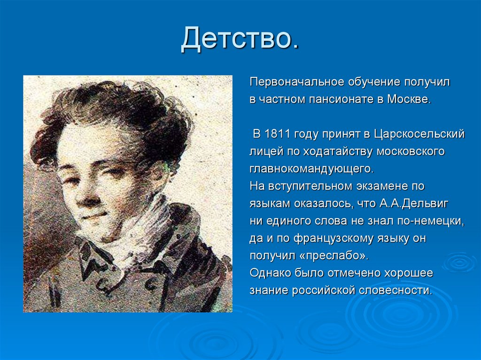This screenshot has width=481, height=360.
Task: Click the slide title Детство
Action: pyautogui.click(x=240, y=39)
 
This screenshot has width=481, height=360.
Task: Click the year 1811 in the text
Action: pyautogui.click(x=278, y=134)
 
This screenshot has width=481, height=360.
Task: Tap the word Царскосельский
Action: pyautogui.click(x=419, y=134)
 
